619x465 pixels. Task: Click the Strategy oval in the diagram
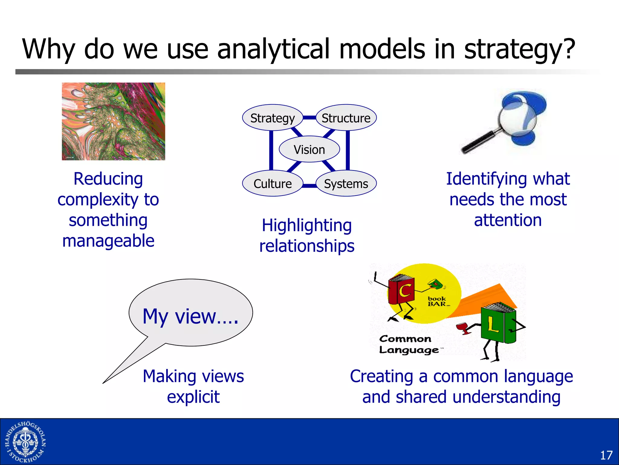click(272, 118)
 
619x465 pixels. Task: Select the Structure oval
click(346, 118)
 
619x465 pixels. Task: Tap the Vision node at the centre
click(309, 150)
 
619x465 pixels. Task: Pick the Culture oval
click(272, 184)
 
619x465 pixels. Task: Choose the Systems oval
click(346, 184)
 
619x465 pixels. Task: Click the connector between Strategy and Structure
click(309, 117)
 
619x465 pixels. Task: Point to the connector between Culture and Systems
click(309, 186)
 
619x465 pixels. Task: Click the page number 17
click(606, 455)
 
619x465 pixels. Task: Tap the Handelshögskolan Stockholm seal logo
click(25, 442)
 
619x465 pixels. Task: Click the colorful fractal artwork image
click(113, 121)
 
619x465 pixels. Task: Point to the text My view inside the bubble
click(190, 316)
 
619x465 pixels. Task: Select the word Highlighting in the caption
click(307, 226)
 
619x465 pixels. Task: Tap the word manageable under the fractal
click(108, 241)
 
